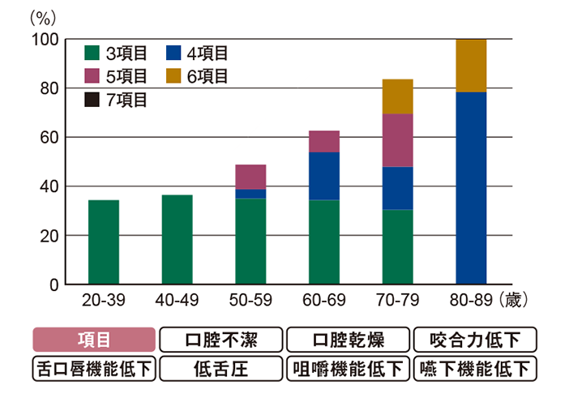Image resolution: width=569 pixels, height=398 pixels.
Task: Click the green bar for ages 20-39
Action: (103, 242)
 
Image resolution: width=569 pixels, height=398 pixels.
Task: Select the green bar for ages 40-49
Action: (177, 240)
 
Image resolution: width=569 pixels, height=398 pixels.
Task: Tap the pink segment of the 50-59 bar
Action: (250, 177)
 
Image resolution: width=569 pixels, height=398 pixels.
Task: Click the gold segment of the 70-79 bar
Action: (398, 96)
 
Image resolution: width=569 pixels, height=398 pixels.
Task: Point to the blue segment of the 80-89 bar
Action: (471, 188)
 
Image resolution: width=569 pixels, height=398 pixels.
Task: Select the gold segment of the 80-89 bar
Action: (471, 66)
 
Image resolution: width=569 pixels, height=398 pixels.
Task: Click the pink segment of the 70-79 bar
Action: (398, 140)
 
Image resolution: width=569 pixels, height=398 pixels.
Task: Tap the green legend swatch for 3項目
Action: (92, 53)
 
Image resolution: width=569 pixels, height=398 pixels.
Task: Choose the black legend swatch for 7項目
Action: (92, 101)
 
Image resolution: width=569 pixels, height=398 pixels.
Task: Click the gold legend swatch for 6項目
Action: (171, 77)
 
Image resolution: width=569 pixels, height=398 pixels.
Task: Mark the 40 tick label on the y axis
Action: (48, 186)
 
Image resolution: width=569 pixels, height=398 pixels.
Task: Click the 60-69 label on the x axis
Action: (324, 301)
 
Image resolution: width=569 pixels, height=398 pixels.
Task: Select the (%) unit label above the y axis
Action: (42, 16)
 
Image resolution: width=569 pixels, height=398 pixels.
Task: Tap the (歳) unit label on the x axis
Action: (514, 301)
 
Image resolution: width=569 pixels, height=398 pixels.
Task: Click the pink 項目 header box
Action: (93, 339)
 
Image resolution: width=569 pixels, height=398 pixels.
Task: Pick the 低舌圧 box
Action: (221, 369)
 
